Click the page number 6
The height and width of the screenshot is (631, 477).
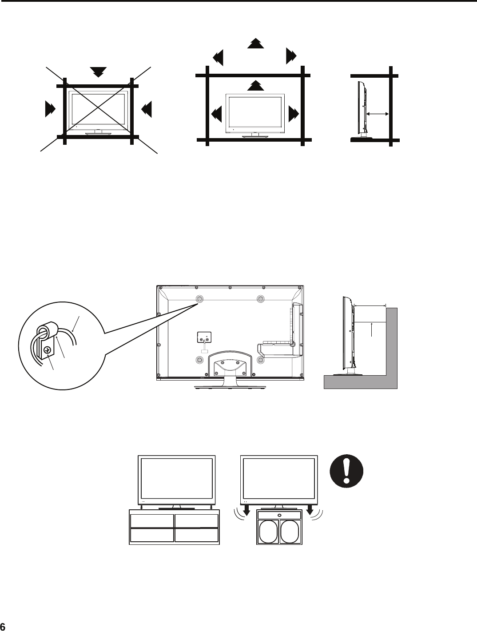pyautogui.click(x=3, y=626)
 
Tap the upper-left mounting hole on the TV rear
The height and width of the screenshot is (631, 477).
pyautogui.click(x=199, y=299)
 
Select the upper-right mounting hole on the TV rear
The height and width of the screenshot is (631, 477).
pyautogui.click(x=261, y=299)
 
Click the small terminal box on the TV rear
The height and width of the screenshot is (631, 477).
pyautogui.click(x=204, y=338)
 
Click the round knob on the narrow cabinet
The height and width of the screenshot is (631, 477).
pyautogui.click(x=279, y=515)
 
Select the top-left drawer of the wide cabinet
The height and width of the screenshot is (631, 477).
pyautogui.click(x=151, y=521)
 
